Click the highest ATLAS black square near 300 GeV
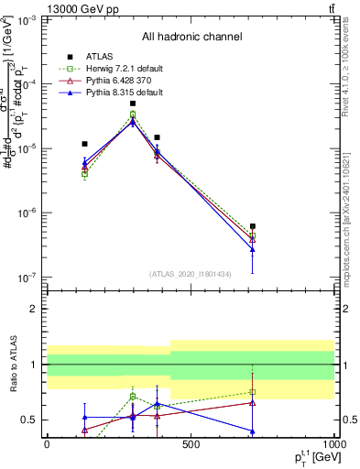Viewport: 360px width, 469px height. (133, 104)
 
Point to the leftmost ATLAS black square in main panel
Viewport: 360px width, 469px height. (84, 144)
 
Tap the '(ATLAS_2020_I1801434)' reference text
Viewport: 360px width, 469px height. (190, 273)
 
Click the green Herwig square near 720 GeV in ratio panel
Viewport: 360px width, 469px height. (252, 392)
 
